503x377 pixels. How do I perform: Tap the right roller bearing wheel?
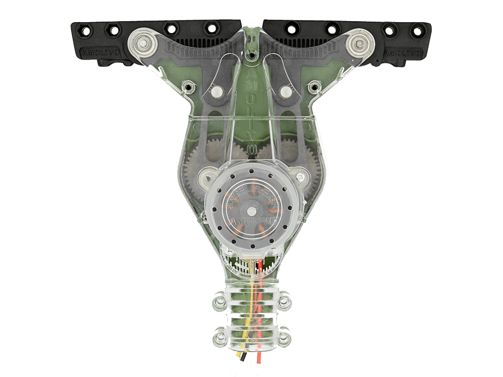(x=359, y=44)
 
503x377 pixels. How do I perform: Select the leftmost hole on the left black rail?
(x=85, y=31)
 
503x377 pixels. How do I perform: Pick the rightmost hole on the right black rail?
(x=417, y=31)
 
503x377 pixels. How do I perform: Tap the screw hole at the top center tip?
(x=251, y=50)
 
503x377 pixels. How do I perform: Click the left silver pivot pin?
(x=217, y=91)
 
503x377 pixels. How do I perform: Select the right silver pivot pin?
(x=286, y=91)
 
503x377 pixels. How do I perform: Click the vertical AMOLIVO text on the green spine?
(x=251, y=111)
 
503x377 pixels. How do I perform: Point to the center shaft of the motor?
(x=251, y=205)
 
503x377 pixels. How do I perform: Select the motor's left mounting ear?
(x=205, y=176)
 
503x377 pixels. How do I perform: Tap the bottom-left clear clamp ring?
(x=219, y=337)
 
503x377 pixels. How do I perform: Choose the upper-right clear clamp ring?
(x=284, y=301)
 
